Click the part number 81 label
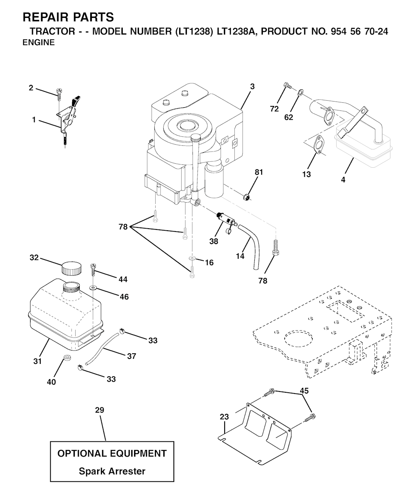259,172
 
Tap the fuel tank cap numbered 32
71,268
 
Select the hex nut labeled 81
246,197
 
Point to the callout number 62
288,117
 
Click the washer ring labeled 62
301,92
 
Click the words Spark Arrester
112,471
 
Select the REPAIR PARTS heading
68,17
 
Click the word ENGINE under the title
39,43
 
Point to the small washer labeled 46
93,288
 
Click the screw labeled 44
93,270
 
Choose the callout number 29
100,410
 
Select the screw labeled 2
59,95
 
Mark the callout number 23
224,417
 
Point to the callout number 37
132,356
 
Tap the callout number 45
304,391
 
